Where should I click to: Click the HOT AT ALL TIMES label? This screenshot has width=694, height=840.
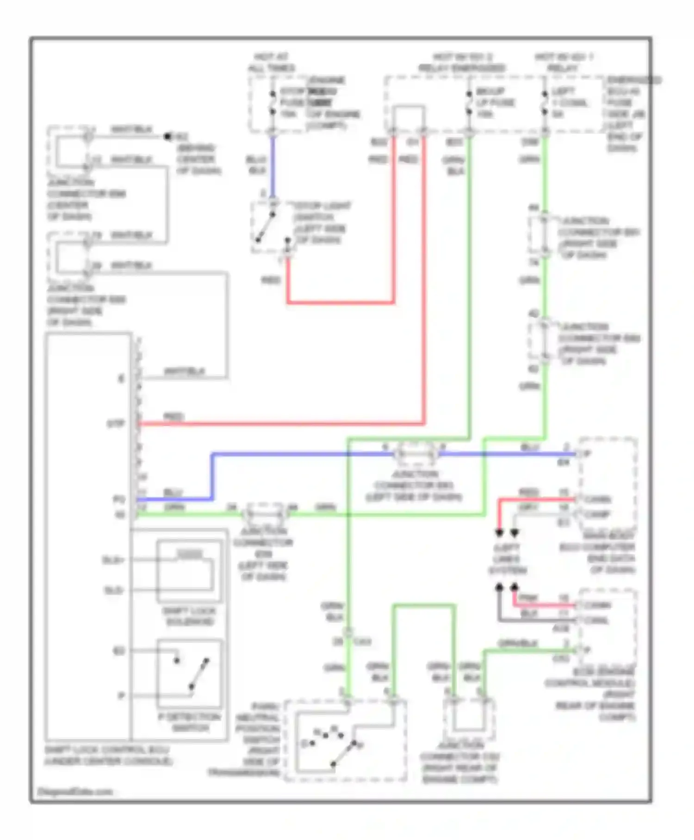coord(272,63)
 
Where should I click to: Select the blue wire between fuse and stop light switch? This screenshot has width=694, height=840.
coord(273,167)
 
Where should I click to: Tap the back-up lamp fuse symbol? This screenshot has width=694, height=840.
coord(469,103)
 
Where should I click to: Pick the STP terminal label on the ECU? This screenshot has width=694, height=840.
coord(116,424)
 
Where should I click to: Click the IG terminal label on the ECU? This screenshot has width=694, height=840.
coord(120,514)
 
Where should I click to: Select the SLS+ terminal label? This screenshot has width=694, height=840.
coord(113,560)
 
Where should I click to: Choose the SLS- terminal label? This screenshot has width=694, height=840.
coord(113,590)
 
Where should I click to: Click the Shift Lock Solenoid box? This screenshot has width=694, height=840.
coord(189,571)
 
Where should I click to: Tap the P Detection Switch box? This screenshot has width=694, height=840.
coord(189,674)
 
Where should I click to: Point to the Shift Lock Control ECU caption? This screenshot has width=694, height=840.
coord(108,755)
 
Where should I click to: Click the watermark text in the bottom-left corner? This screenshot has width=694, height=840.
coord(74,791)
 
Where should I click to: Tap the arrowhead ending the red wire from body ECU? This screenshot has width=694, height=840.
coord(499,533)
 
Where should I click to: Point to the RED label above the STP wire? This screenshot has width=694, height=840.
coord(173,417)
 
